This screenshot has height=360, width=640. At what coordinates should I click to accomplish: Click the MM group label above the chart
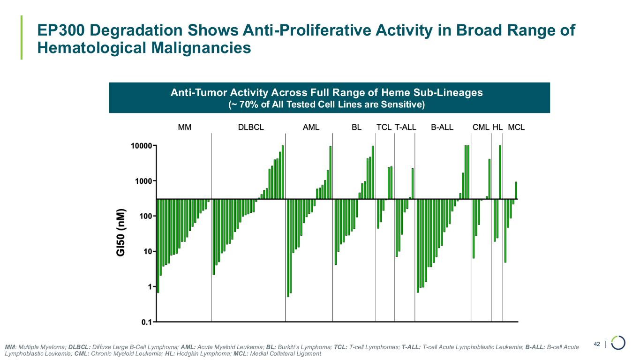(x=185, y=127)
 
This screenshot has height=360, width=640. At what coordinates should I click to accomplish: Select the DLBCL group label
(x=251, y=127)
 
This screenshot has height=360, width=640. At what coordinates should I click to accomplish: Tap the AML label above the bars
(x=311, y=127)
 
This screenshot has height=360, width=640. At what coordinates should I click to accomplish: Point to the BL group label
(x=356, y=127)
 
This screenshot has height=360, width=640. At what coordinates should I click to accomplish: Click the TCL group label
(x=384, y=127)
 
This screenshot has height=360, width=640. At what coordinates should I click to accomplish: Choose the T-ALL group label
(x=405, y=127)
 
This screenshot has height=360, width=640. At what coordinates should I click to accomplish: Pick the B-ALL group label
(x=442, y=127)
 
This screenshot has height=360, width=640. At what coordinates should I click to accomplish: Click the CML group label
(x=481, y=127)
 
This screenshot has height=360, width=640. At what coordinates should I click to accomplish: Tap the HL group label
(x=497, y=127)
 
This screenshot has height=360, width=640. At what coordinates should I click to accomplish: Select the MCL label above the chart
(x=516, y=127)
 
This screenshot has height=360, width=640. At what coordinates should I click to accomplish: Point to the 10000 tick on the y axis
(x=141, y=146)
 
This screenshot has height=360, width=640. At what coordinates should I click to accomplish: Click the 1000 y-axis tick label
(x=143, y=181)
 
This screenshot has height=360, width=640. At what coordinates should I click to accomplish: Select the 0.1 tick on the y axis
(x=147, y=322)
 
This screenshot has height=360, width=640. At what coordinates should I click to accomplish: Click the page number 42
(x=597, y=345)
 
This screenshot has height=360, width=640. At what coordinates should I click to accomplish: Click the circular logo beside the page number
(x=618, y=343)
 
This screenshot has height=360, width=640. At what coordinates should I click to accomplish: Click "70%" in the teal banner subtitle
(x=248, y=105)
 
